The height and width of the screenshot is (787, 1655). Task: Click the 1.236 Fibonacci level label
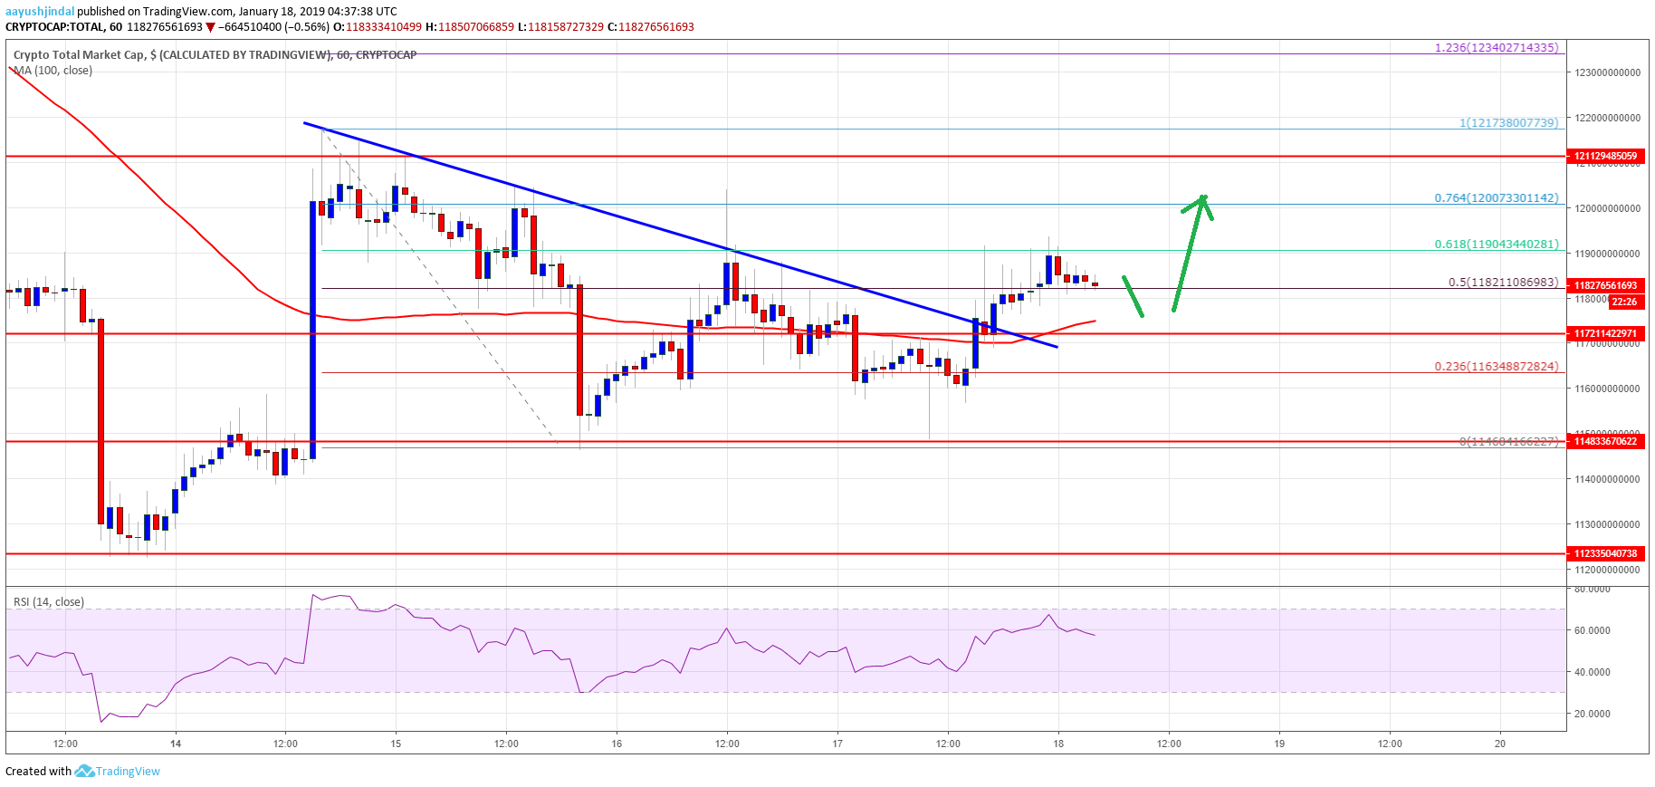click(x=1497, y=47)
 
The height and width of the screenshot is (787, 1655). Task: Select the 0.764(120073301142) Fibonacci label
click(x=1497, y=197)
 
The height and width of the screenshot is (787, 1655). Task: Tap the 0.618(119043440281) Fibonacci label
click(x=1497, y=245)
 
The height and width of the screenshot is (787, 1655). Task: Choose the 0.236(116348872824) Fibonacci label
click(x=1497, y=366)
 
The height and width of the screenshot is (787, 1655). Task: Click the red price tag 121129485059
click(x=1605, y=156)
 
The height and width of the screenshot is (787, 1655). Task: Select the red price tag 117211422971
click(x=1605, y=333)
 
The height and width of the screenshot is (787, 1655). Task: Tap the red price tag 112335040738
click(x=1605, y=553)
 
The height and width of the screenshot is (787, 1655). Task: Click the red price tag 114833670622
click(x=1605, y=441)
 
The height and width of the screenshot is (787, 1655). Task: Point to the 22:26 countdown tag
click(x=1624, y=302)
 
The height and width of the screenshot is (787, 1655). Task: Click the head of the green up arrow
click(x=1202, y=201)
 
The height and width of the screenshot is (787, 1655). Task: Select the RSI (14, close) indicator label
click(x=49, y=602)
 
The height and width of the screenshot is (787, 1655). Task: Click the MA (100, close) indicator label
click(x=53, y=71)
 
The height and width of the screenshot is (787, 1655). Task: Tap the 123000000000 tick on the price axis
click(x=1606, y=73)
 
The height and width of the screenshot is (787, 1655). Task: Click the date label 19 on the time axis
click(x=1279, y=744)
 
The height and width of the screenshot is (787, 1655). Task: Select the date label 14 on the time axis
click(x=176, y=744)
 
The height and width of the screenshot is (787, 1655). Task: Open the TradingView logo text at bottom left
click(x=127, y=772)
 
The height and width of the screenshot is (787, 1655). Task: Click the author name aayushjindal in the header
click(x=39, y=12)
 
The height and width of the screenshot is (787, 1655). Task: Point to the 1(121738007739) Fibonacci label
click(x=1508, y=122)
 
